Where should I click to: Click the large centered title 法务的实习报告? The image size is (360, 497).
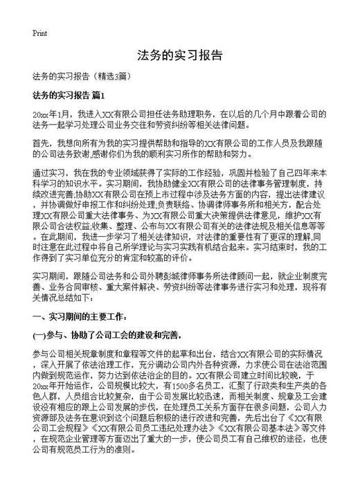(179, 55)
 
